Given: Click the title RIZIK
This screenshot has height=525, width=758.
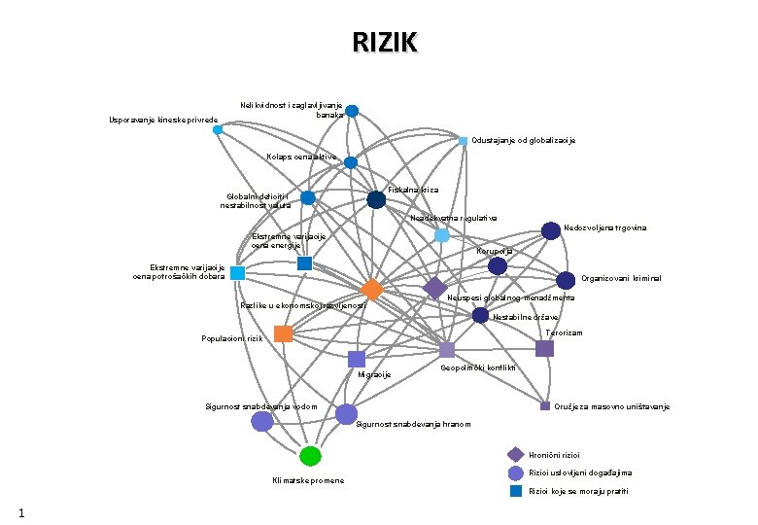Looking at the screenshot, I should (385, 43).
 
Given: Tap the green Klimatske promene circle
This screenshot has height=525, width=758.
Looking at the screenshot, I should (310, 456).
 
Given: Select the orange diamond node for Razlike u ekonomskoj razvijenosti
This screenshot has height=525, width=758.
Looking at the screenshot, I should (371, 290).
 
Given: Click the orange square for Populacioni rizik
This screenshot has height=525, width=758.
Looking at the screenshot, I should (283, 334).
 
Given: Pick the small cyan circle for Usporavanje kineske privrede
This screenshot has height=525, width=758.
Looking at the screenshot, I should (218, 129).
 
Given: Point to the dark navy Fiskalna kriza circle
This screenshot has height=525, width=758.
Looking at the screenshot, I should (376, 199).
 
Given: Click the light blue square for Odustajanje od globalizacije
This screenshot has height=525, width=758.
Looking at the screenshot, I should (464, 141).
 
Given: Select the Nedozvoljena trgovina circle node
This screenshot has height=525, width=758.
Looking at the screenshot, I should (550, 230).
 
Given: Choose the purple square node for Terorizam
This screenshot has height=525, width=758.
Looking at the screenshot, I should (544, 348).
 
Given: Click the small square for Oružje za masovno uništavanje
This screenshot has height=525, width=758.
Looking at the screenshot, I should (545, 405).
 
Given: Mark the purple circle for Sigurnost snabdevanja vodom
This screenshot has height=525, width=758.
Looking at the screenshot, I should (262, 421).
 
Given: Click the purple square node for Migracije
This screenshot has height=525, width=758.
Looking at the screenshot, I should (357, 359).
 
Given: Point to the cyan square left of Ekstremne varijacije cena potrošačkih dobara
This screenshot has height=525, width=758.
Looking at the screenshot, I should (238, 273).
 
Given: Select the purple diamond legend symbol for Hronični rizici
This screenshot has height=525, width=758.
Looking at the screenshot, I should (516, 454).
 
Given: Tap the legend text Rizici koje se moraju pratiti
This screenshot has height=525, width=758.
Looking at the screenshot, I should (578, 491).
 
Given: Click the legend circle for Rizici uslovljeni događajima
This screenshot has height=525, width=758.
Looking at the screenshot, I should (516, 472).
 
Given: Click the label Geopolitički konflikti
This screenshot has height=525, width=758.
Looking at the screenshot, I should (477, 368).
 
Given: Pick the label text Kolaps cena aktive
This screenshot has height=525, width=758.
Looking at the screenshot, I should (301, 157).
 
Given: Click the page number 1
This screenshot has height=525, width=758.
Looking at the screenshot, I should (34, 511).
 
